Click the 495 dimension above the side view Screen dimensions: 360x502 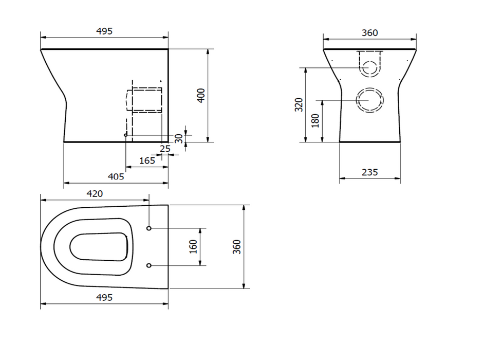104,31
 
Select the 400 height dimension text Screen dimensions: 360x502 201,95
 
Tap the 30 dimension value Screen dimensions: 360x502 178,138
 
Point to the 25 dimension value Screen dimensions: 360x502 165,149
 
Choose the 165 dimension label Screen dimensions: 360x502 147,160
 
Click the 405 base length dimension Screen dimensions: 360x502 116,176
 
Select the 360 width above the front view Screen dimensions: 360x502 369,32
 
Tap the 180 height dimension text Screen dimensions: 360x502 315,120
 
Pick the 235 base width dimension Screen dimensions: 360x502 369,172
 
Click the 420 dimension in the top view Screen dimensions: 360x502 95,194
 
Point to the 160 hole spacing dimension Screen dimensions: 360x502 193,246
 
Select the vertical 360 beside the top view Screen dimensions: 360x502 236,247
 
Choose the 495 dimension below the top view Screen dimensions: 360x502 104,297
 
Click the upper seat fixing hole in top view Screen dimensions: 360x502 149,228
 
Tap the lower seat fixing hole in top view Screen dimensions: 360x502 149,265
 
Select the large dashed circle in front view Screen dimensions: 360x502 370,100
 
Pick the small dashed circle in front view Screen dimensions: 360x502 370,67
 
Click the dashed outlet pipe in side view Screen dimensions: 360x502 144,100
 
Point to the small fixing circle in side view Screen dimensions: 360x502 126,135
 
